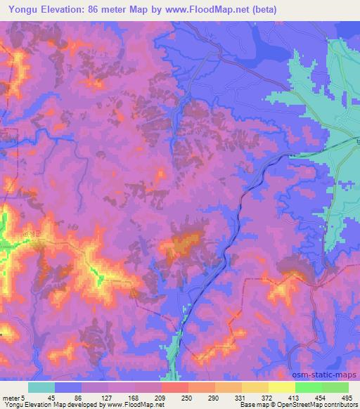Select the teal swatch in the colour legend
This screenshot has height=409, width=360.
41,387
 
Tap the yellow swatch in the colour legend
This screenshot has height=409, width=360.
282,387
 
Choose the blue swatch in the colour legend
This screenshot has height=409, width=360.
68,387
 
